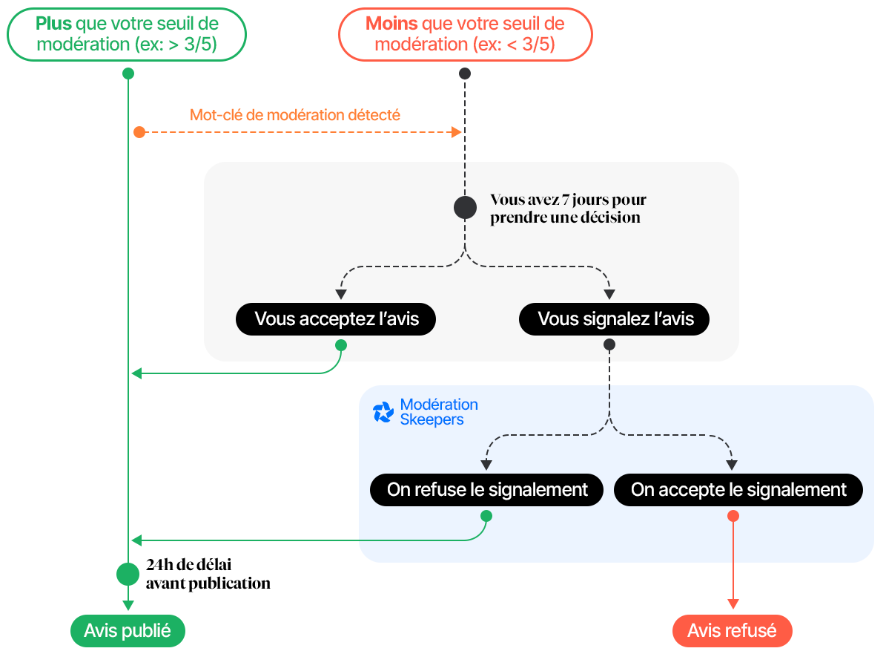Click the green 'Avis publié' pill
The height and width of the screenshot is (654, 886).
coord(127,631)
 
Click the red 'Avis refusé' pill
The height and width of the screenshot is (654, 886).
coord(732,631)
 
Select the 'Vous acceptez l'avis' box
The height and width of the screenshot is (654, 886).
coord(336,319)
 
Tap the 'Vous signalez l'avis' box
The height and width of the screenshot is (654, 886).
coord(615,319)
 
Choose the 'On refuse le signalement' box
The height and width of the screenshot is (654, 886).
coord(486,490)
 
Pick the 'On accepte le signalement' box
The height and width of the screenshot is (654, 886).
coord(738,490)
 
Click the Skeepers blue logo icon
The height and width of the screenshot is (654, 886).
coord(383,413)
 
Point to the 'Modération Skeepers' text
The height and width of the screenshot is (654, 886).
coord(439,412)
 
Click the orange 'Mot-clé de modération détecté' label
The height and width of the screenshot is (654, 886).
coord(295,115)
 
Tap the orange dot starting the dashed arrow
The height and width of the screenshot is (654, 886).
coord(139,132)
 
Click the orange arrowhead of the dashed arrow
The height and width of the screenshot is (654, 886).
coord(457,132)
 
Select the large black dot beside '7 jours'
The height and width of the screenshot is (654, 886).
coord(465,208)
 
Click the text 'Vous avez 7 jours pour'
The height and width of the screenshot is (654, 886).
coord(568,200)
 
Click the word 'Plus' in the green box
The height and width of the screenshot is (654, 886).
coord(53,23)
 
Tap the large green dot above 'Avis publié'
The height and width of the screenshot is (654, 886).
coord(128,574)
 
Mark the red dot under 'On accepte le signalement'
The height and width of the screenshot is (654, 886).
coord(733,516)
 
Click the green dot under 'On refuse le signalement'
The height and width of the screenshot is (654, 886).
coord(486,516)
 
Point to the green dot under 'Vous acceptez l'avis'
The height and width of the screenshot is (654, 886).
coord(341,345)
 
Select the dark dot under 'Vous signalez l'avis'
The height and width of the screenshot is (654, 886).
coord(609,345)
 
